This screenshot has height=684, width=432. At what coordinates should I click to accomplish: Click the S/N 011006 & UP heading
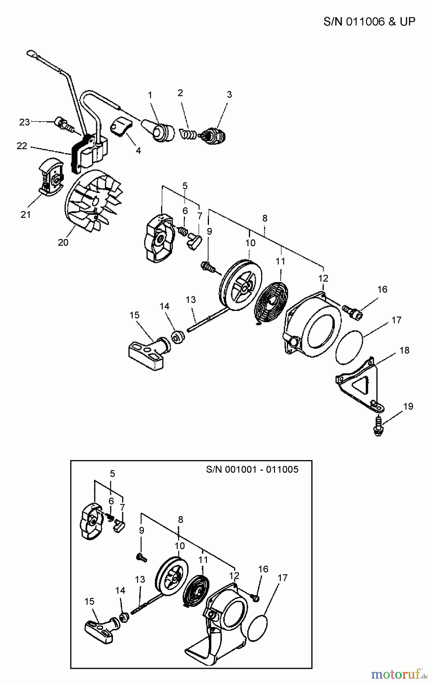coord(369,21)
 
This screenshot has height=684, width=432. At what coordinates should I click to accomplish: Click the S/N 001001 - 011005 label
coord(252,469)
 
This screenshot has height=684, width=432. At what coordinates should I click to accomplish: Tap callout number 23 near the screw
coord(24,122)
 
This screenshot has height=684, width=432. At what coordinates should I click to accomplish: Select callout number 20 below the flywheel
coord(63,242)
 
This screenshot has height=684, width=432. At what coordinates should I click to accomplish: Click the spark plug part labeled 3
coord(214,135)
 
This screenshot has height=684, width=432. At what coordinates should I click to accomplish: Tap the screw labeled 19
coord(378,427)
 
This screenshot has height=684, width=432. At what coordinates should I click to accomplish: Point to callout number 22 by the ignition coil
coord(22,146)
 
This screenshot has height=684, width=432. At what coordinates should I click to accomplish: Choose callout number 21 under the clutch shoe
coord(25,214)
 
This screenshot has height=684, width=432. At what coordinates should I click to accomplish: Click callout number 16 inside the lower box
coord(263,569)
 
